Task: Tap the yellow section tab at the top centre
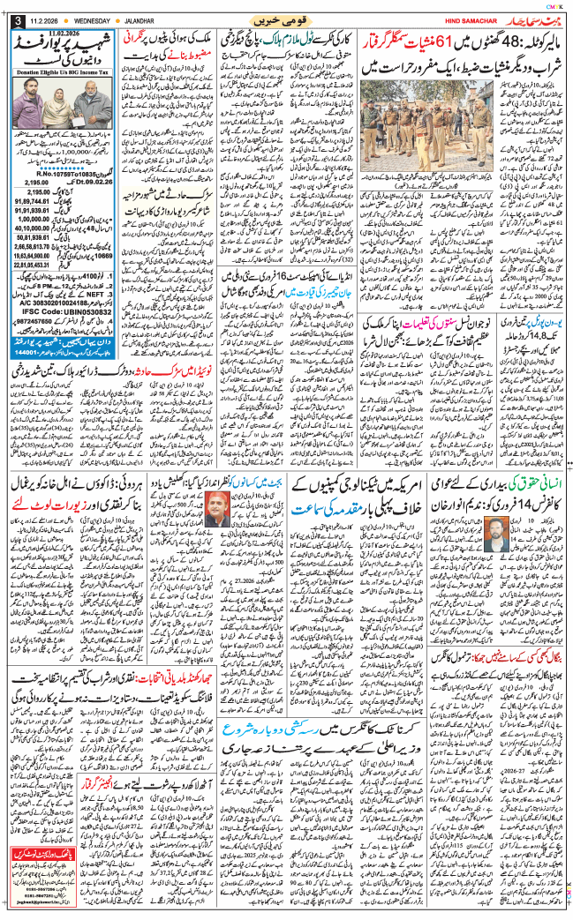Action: click(x=287, y=18)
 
